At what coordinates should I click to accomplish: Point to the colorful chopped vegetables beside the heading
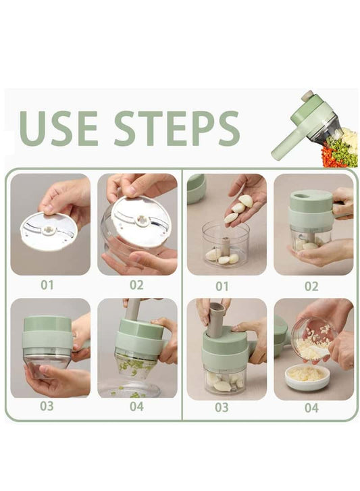pyautogui.click(x=340, y=149)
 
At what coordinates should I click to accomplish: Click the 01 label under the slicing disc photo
pyautogui.click(x=47, y=285)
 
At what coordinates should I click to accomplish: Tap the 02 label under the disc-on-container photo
pyautogui.click(x=136, y=285)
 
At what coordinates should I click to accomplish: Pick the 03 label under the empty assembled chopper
pyautogui.click(x=47, y=407)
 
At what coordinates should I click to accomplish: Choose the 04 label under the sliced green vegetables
pyautogui.click(x=136, y=407)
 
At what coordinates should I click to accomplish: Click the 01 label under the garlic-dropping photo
pyautogui.click(x=222, y=286)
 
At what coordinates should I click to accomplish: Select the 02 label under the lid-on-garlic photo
pyautogui.click(x=311, y=286)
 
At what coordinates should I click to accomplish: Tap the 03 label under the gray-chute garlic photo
pyautogui.click(x=222, y=407)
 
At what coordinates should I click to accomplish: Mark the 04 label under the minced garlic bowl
pyautogui.click(x=311, y=407)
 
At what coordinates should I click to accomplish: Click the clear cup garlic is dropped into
pyautogui.click(x=225, y=247)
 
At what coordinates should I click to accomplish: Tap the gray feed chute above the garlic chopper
pyautogui.click(x=217, y=318)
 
